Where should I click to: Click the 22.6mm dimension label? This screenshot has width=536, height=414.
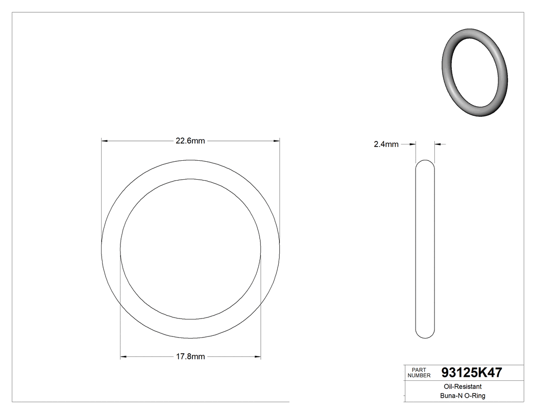point(190,141)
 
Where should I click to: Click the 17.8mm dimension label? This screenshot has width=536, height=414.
point(190,357)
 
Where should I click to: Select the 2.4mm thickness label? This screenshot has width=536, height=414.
point(386,144)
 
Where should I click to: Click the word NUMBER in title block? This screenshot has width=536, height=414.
point(419,376)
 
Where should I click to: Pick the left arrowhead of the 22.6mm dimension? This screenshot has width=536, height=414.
point(104,141)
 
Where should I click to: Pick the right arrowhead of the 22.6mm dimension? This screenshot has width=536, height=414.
point(277,141)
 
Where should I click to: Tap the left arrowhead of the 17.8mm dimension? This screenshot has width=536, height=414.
point(123,356)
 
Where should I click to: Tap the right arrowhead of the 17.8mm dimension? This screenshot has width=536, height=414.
point(258,356)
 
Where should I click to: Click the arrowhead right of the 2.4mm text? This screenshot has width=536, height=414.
point(413,144)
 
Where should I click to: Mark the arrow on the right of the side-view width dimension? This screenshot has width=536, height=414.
point(438,144)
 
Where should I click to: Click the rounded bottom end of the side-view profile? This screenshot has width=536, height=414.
point(425,335)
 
